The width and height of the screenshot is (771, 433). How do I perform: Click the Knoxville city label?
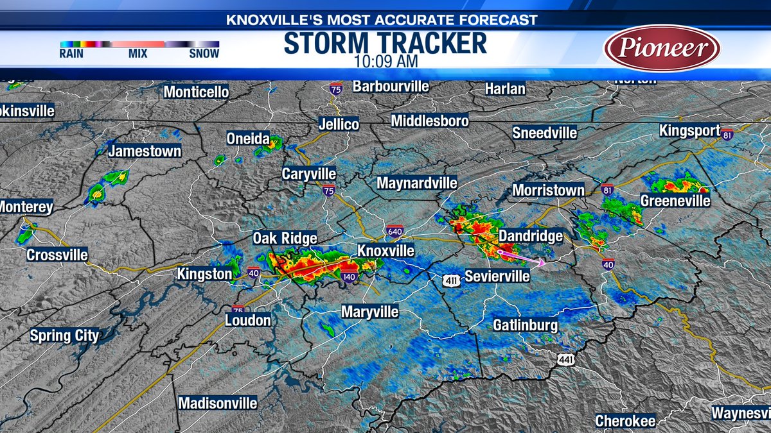tap(385, 250)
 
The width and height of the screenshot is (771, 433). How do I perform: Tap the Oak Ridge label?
tap(285, 238)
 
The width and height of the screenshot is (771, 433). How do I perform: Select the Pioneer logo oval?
tap(662, 47)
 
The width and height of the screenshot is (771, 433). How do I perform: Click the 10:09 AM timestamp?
tap(385, 62)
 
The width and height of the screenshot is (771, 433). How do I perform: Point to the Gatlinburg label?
tap(525, 325)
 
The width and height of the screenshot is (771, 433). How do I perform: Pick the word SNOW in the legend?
tap(204, 54)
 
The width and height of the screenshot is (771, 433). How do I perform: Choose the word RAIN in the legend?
tap(71, 54)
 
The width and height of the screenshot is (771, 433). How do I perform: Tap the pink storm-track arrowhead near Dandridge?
tap(542, 262)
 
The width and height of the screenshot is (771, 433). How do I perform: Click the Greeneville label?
tap(675, 201)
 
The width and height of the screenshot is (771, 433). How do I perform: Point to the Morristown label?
tap(548, 190)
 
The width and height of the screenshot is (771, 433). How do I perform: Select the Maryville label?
tap(369, 312)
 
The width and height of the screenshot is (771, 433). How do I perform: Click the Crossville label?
tap(57, 255)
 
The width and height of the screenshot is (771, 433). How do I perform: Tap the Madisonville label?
tap(217, 403)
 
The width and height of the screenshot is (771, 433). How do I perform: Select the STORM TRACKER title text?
tap(385, 44)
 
